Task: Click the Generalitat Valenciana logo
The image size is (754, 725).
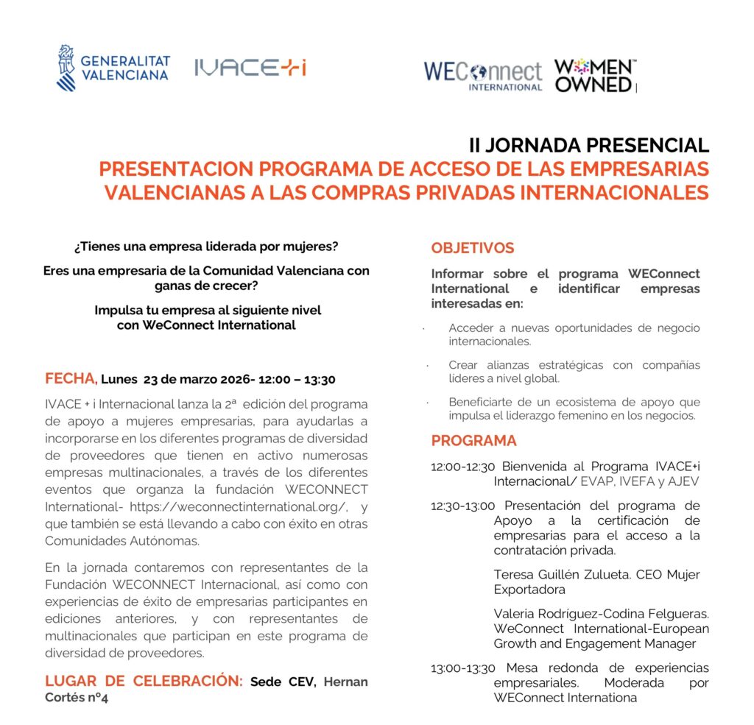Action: click(x=113, y=68)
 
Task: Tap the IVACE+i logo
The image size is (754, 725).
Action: click(x=250, y=68)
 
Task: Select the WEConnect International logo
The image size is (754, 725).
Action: click(x=482, y=75)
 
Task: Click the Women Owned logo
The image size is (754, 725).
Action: click(x=594, y=75)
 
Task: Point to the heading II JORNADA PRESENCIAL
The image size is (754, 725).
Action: click(x=588, y=145)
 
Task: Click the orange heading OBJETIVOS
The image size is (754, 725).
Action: click(x=473, y=248)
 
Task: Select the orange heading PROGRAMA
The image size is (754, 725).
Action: click(x=474, y=441)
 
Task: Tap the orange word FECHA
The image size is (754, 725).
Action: click(x=71, y=379)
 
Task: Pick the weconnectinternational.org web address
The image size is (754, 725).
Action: click(x=238, y=506)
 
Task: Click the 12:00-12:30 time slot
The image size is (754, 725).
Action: click(x=462, y=467)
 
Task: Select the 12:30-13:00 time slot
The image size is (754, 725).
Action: click(x=463, y=506)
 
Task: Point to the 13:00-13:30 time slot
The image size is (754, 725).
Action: click(x=463, y=668)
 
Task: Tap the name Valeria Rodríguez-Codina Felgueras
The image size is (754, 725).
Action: click(x=601, y=614)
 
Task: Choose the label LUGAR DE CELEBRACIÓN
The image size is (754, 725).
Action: click(x=144, y=682)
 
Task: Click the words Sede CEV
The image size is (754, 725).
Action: click(x=283, y=682)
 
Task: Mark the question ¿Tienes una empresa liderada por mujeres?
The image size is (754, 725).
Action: click(x=206, y=245)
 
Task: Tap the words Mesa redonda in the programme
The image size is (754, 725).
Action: click(x=543, y=668)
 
